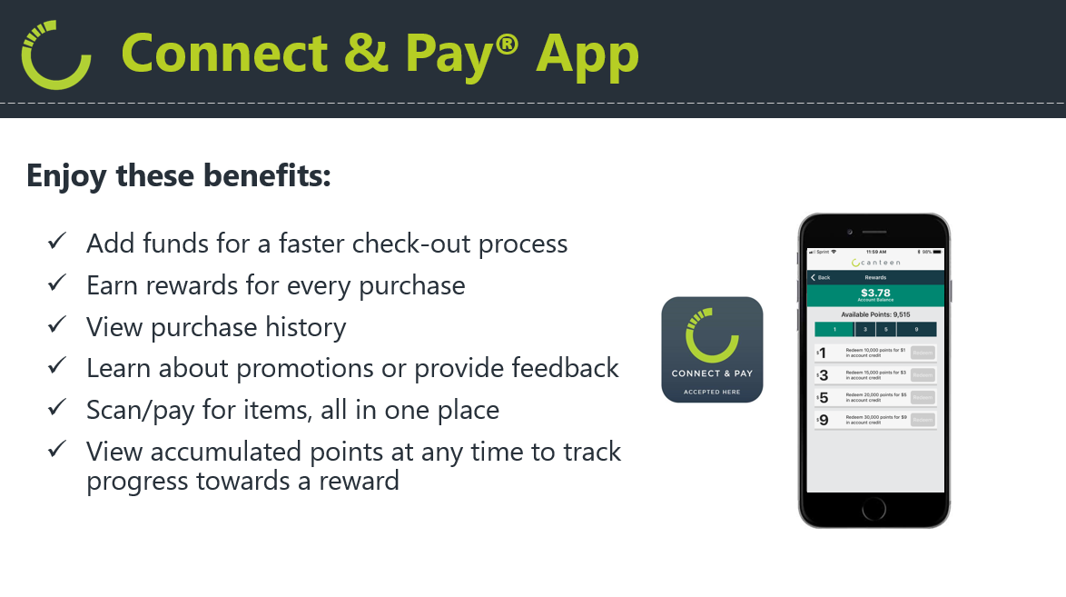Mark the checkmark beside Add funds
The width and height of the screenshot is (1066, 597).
point(56,242)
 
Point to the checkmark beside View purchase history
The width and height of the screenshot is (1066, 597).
point(56,324)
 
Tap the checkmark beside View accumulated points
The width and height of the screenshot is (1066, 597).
point(56,449)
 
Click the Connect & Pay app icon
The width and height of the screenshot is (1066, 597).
point(712,349)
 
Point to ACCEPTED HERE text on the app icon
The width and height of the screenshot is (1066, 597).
point(712,393)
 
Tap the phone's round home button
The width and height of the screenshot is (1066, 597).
point(873,508)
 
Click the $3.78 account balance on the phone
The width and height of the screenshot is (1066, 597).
point(874,293)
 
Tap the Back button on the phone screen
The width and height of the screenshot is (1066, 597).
point(820,277)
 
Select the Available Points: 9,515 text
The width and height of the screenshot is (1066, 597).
point(874,314)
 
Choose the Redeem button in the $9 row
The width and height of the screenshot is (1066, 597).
point(923,420)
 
